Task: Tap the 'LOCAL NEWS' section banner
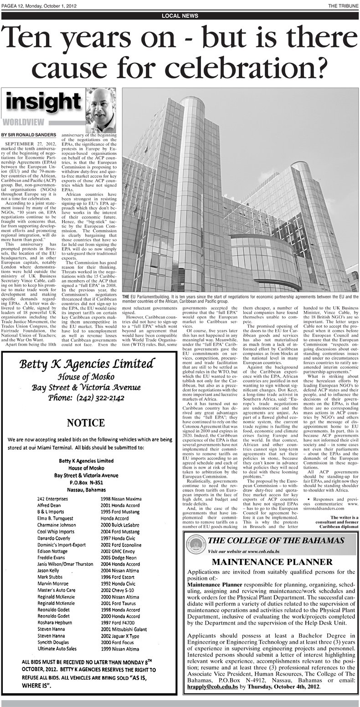pos(180,15)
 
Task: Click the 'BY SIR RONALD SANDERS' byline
pos(29,135)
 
